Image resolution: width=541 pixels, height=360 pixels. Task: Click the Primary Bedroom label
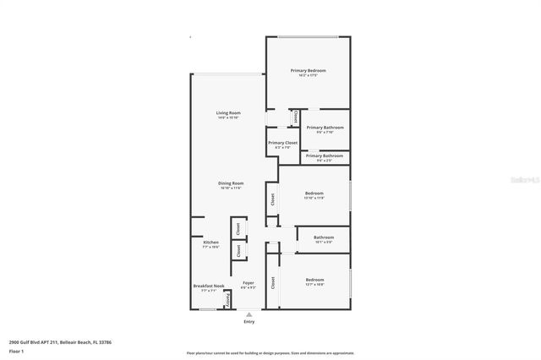(308, 70)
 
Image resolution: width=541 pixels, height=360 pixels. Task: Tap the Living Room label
(228, 112)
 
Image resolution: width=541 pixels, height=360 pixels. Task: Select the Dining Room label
(232, 183)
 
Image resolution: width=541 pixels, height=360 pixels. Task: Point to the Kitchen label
(210, 242)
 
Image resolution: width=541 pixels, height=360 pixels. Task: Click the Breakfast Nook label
(209, 286)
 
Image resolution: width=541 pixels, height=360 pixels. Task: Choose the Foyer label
(248, 282)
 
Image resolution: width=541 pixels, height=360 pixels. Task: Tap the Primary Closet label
(282, 143)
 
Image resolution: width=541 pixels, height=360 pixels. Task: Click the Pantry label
(227, 300)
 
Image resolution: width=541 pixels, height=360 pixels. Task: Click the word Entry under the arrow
(249, 322)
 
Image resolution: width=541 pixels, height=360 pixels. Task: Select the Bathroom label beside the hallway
(324, 237)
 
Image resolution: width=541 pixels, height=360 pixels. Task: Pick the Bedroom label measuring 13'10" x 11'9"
(314, 193)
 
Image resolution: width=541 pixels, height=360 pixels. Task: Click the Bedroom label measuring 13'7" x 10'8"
(314, 280)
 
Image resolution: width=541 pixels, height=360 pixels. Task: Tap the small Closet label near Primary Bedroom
(295, 117)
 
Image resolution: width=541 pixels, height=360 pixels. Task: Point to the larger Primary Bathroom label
(325, 127)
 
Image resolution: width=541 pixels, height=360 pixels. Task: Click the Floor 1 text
(16, 350)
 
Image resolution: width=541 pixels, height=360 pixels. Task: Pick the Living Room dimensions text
(228, 118)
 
